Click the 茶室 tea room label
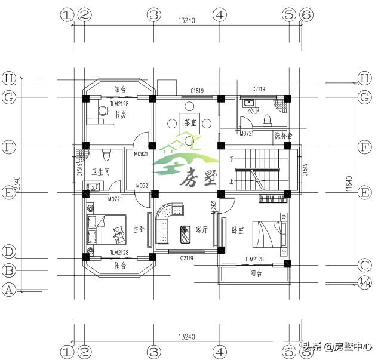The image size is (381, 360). [x=190, y=122]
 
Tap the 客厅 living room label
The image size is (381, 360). [x=201, y=229]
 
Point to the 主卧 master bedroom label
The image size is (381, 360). [x=139, y=229]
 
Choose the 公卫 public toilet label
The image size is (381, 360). [x=254, y=110]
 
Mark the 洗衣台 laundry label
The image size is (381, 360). [x=283, y=136]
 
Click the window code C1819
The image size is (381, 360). [x=197, y=91]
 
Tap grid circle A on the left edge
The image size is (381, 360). [x=8, y=291]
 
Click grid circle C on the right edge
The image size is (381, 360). [x=364, y=265]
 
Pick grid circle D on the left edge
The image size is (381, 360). [x=8, y=251]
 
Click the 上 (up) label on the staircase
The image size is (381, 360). [x=232, y=179]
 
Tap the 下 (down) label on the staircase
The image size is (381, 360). [x=232, y=159]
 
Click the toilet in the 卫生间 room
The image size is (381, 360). [x=106, y=155]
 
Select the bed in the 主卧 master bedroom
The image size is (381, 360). [x=106, y=229]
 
